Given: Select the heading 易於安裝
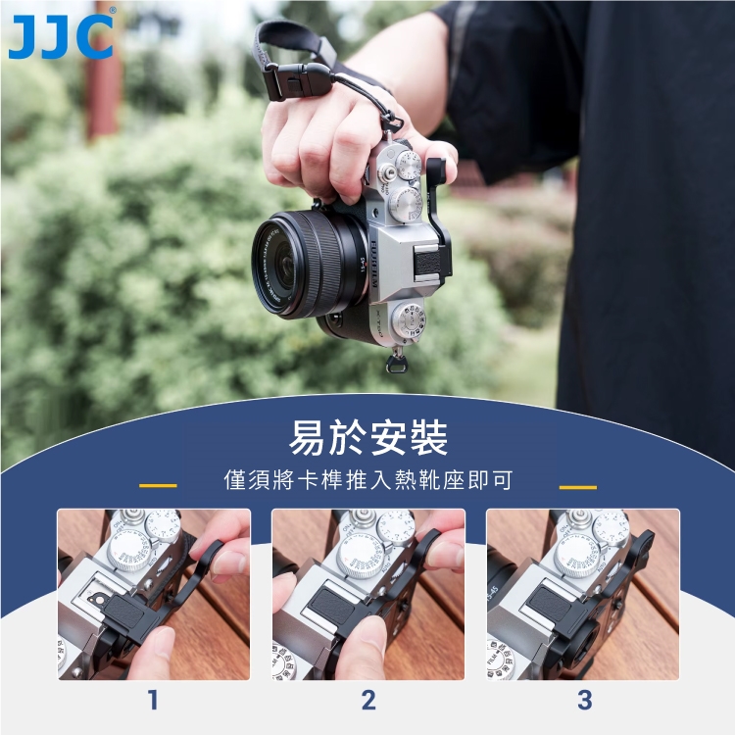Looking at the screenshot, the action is [x=367, y=438].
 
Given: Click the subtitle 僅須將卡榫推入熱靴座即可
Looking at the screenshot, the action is [x=367, y=480].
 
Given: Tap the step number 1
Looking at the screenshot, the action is [x=153, y=700].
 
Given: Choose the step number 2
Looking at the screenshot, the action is [x=368, y=700].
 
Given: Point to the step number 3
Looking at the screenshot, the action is [x=584, y=700].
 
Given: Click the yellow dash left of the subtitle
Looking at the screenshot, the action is [x=158, y=486].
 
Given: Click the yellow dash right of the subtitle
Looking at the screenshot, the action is [x=578, y=487].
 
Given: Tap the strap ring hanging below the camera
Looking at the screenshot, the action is [x=396, y=364].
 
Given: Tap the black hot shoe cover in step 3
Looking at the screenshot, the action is [x=553, y=604].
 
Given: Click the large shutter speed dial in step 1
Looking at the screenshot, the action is [x=129, y=551].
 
